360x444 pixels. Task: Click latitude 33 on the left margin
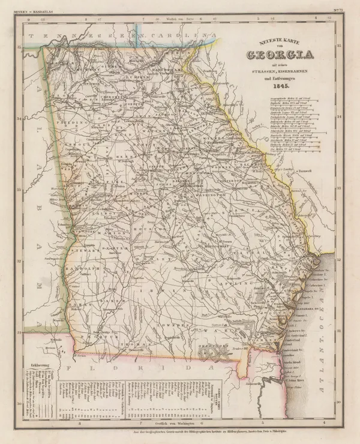[x=20, y=190]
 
